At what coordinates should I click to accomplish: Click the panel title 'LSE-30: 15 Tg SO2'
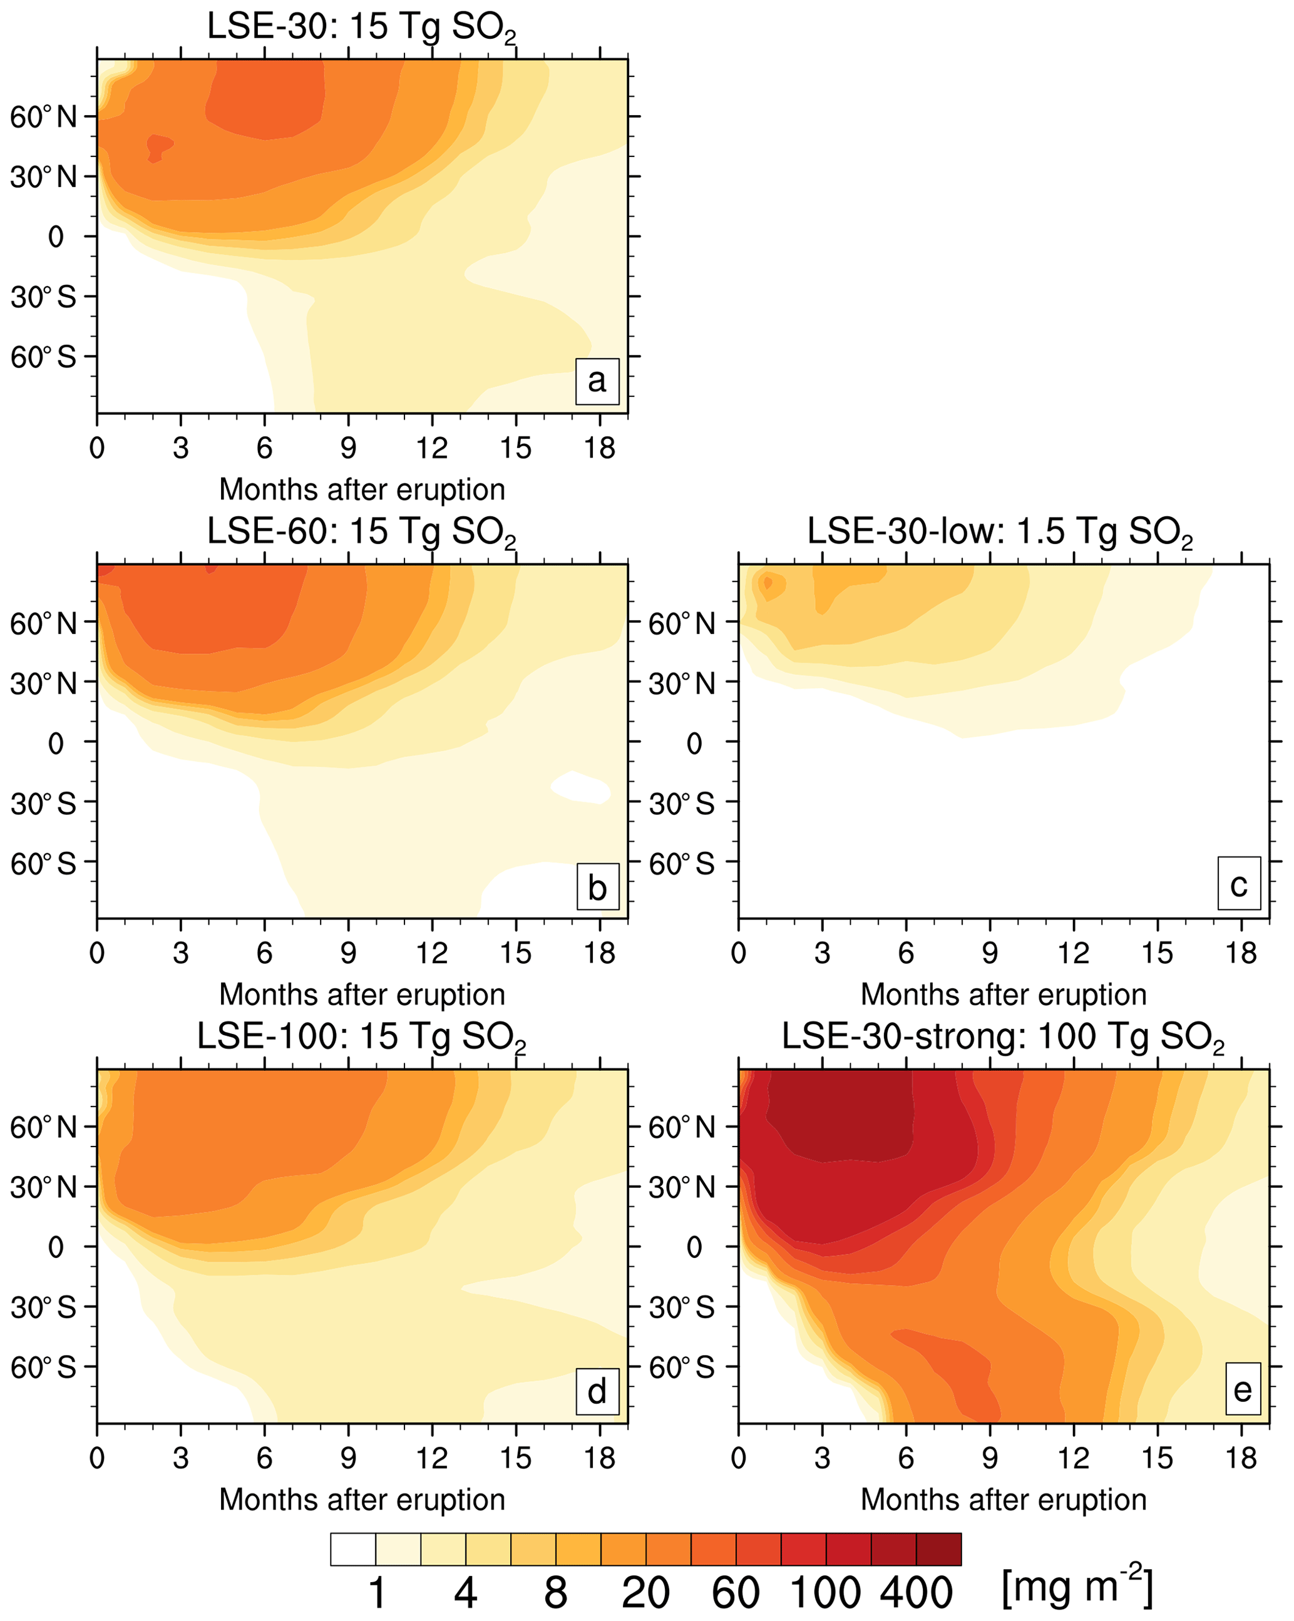click(x=362, y=28)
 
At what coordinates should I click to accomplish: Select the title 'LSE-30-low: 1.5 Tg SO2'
click(x=1000, y=533)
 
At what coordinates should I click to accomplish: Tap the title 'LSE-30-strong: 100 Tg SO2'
click(x=1003, y=1037)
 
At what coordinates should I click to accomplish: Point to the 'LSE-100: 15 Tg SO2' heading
click(x=362, y=1037)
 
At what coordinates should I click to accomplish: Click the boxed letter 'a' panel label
click(x=597, y=381)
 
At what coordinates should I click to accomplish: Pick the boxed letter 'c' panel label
click(x=1238, y=885)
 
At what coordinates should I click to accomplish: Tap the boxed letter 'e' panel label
click(x=1242, y=1389)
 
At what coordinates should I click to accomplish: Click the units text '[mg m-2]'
click(x=1077, y=1585)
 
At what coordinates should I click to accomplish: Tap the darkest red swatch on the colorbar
click(x=938, y=1549)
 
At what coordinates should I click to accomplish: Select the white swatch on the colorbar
click(x=352, y=1549)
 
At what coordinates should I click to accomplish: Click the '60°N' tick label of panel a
click(x=44, y=117)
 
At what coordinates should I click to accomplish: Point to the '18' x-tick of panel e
click(x=1241, y=1459)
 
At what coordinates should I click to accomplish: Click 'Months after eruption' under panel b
click(x=362, y=995)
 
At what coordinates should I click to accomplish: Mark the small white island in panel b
click(x=580, y=787)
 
